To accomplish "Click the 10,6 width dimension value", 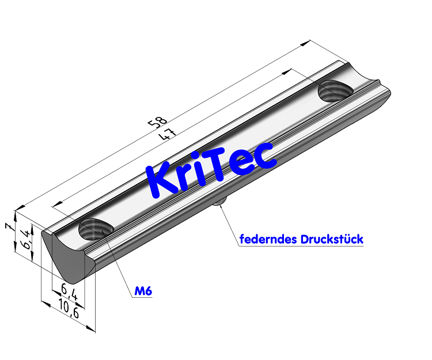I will (x=69, y=311).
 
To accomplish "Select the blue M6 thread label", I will (x=143, y=292).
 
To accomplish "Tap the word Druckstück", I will (x=332, y=239).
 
